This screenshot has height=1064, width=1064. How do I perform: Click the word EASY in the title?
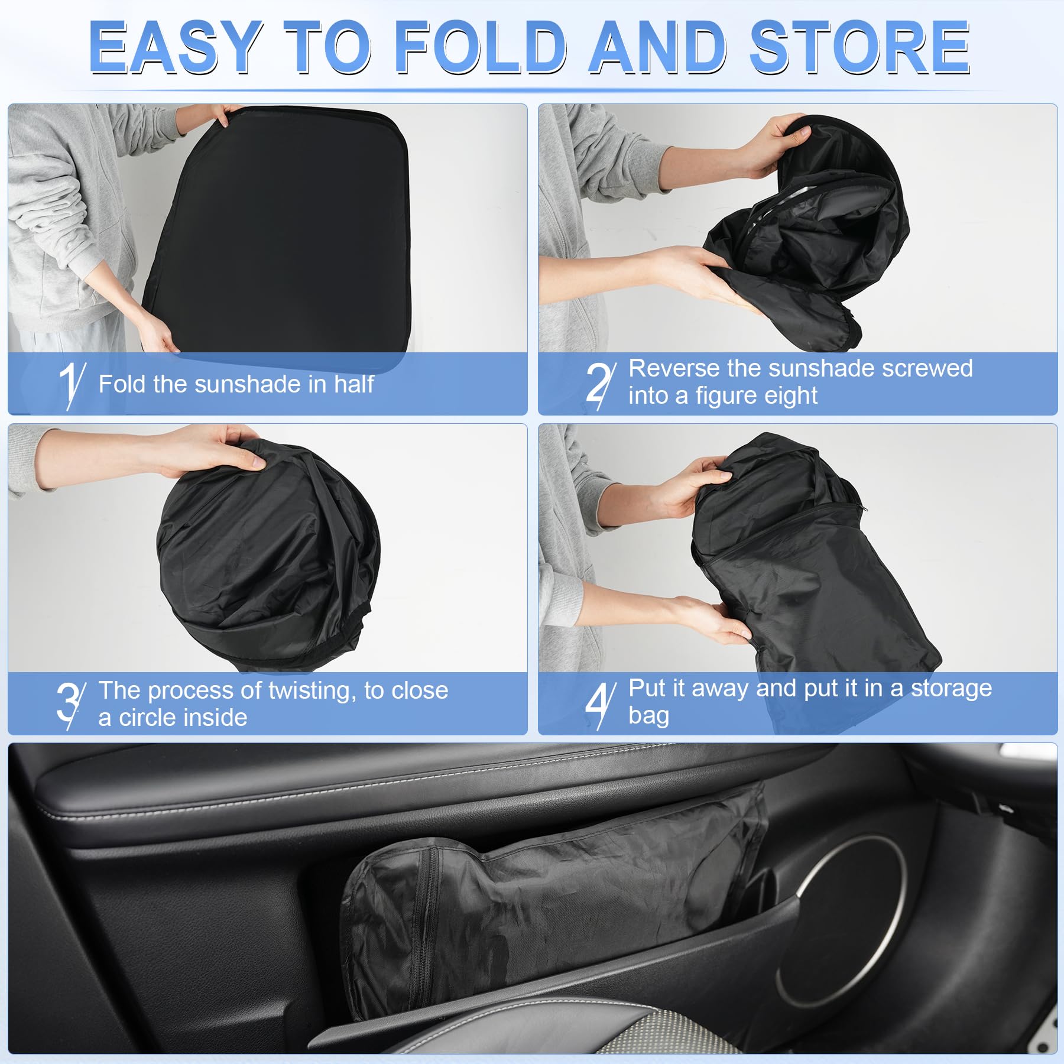[176, 47]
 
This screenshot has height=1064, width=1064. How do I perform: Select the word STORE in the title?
[860, 47]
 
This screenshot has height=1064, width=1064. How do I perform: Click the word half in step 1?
[353, 384]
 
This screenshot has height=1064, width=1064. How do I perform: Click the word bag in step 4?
[648, 717]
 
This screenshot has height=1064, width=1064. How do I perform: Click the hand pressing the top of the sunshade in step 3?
[207, 452]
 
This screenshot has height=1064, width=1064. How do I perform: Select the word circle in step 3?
[152, 718]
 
